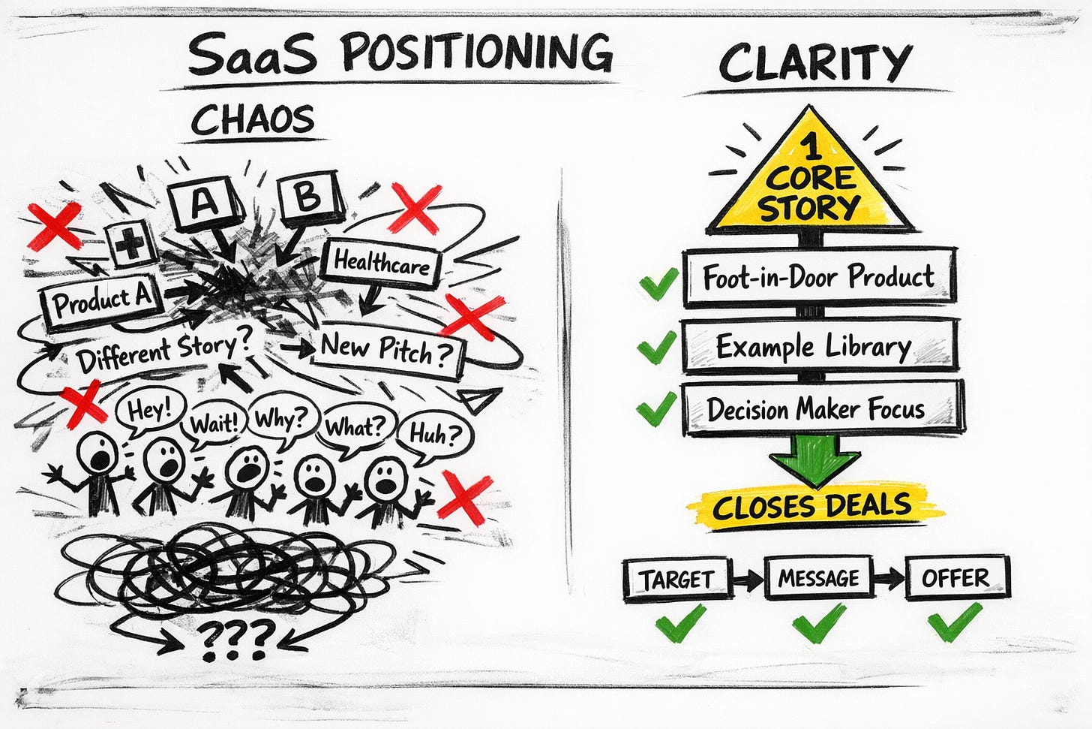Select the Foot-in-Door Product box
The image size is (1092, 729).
(818, 277)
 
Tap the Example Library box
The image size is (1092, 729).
(818, 346)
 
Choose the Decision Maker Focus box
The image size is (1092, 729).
(822, 408)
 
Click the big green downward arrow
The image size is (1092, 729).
(815, 459)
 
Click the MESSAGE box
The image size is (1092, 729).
(818, 578)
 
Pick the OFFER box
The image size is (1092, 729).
(956, 578)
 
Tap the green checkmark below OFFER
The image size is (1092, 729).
(954, 621)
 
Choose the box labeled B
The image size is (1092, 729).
(309, 197)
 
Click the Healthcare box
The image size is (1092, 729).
(381, 264)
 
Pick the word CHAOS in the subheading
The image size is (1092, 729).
(252, 121)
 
